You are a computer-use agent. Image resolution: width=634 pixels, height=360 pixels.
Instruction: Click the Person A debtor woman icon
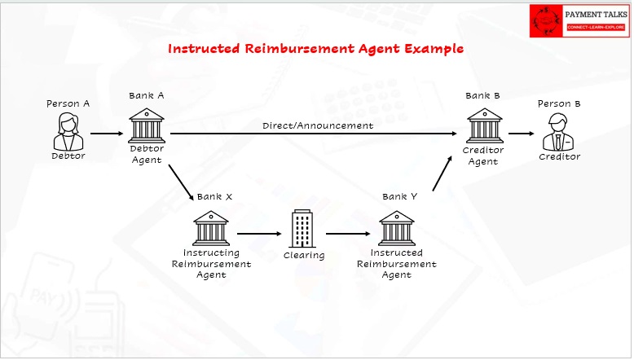68,132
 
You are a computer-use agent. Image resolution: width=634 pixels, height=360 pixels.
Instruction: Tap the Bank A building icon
147,125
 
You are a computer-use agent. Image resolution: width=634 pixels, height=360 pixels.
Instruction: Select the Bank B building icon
484,125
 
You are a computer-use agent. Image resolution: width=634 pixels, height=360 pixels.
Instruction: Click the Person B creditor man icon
558,132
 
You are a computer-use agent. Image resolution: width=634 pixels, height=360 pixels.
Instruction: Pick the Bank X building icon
211,228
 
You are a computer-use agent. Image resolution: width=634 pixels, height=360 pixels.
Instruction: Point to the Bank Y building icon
397,228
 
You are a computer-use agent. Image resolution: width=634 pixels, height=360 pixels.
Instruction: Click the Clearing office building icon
302,229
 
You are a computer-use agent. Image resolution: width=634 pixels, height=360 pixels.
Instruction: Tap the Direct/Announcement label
318,125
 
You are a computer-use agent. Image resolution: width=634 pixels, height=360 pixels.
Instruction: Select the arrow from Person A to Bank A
107,134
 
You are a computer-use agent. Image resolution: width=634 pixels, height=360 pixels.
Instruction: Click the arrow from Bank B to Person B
522,134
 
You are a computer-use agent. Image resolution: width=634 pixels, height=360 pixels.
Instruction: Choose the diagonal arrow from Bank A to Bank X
181,182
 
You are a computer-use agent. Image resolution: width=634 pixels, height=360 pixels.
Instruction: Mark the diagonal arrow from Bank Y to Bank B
442,173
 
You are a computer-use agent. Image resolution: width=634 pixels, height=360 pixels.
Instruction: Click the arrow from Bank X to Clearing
259,234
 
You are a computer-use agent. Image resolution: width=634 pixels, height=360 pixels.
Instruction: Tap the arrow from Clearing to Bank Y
348,234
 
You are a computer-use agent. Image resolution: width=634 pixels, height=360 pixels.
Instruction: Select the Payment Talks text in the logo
596,15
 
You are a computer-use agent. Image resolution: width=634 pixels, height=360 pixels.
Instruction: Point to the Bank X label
214,197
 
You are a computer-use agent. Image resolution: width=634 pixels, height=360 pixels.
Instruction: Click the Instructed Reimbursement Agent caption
397,264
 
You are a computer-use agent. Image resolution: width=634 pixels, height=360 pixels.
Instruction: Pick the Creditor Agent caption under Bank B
483,156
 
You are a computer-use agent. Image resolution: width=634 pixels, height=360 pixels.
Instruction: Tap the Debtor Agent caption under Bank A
147,154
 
